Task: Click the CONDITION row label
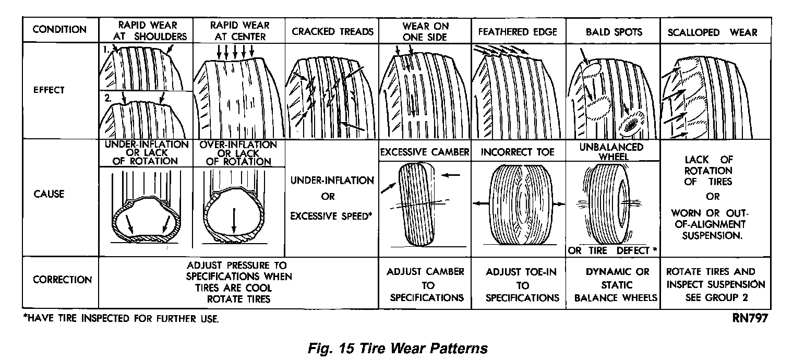click(x=59, y=29)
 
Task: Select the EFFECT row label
click(x=49, y=90)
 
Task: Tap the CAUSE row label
click(x=49, y=194)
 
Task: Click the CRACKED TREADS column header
click(x=332, y=32)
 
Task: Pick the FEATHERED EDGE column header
click(x=518, y=32)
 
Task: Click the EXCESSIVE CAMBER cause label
click(x=424, y=152)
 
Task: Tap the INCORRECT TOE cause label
click(x=518, y=152)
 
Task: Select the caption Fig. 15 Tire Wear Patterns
click(x=397, y=347)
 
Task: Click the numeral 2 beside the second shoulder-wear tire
click(x=107, y=97)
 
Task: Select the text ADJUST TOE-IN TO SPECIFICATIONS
click(x=522, y=285)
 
